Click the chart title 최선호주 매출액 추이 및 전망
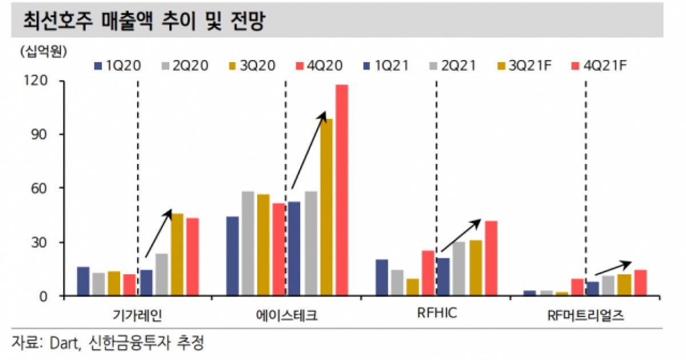click(143, 21)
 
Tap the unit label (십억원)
click(43, 52)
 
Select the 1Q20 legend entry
click(117, 66)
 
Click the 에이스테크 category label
click(287, 315)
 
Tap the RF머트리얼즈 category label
click(585, 315)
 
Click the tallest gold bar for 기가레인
click(177, 255)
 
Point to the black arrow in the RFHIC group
click(461, 235)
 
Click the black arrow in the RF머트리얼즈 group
click(613, 269)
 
